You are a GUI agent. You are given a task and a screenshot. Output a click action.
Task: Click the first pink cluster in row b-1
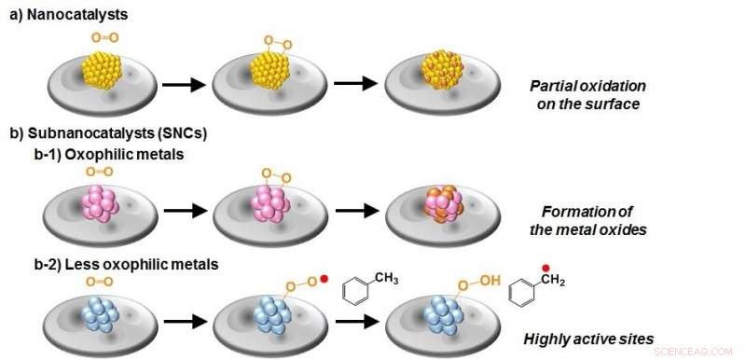coord(104,202)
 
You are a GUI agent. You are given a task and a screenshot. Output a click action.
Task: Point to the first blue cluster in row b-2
coord(99,315)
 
